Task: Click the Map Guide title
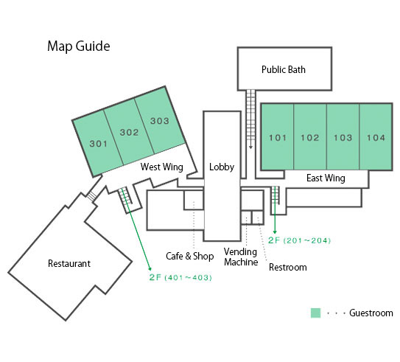pyautogui.click(x=79, y=46)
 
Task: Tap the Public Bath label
pyautogui.click(x=284, y=69)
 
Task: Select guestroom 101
pyautogui.click(x=278, y=137)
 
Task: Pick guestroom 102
pyautogui.click(x=310, y=137)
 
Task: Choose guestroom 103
pyautogui.click(x=343, y=137)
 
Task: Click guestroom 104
pyautogui.click(x=376, y=137)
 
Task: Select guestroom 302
pyautogui.click(x=129, y=132)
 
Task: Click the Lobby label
pyautogui.click(x=222, y=167)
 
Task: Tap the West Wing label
pyautogui.click(x=162, y=167)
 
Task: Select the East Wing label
pyautogui.click(x=326, y=178)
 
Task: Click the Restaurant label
pyautogui.click(x=69, y=263)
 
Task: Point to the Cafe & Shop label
pyautogui.click(x=189, y=256)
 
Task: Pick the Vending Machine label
pyautogui.click(x=241, y=257)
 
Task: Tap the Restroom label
pyautogui.click(x=288, y=268)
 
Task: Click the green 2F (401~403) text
pyautogui.click(x=180, y=277)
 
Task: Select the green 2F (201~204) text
pyautogui.click(x=300, y=240)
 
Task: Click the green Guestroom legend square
pyautogui.click(x=315, y=313)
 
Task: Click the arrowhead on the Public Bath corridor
pyautogui.click(x=250, y=147)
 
